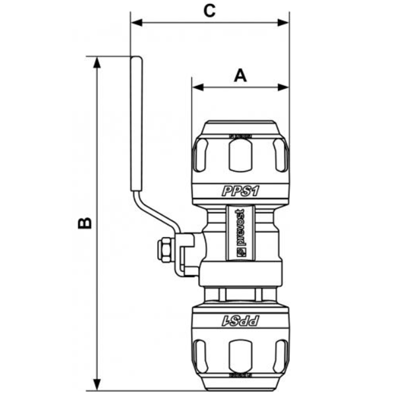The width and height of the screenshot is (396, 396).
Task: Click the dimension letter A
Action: [240, 75]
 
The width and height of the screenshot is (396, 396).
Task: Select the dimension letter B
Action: [84, 223]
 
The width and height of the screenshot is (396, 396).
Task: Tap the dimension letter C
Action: [209, 11]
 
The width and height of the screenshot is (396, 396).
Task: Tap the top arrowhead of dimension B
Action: [98, 62]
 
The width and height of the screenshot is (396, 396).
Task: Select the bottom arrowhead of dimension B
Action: [98, 384]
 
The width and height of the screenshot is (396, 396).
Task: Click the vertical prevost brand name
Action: [240, 227]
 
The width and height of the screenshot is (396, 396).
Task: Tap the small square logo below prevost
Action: [240, 252]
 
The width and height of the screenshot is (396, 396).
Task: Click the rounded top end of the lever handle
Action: [137, 61]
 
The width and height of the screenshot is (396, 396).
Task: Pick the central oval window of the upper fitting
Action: [240, 157]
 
